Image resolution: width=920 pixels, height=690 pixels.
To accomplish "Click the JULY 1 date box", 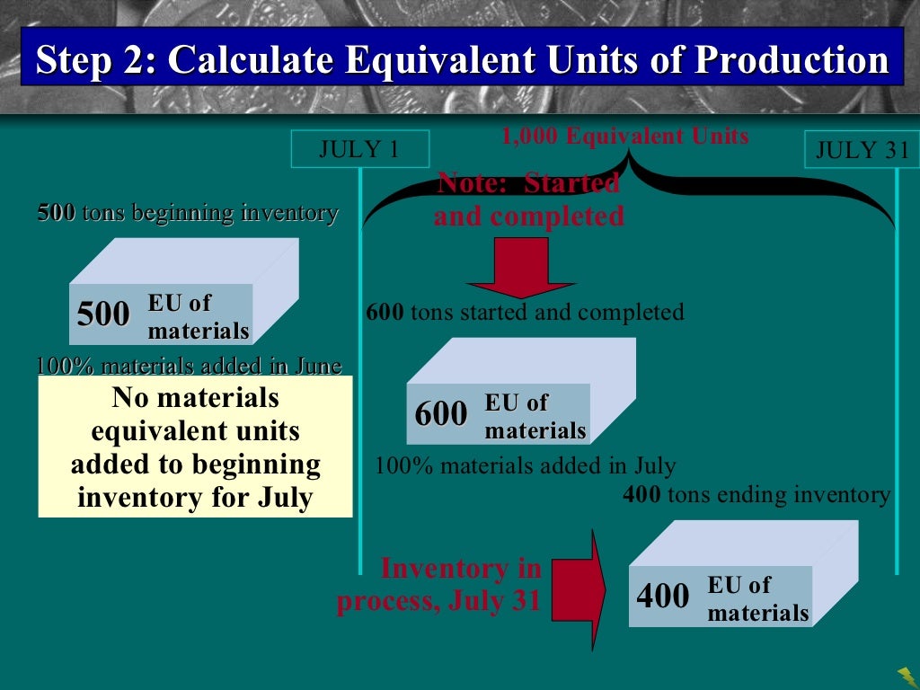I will point(359,149).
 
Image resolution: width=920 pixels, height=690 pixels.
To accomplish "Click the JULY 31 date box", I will point(862,150).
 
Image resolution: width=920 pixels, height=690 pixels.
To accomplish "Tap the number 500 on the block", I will point(103,315).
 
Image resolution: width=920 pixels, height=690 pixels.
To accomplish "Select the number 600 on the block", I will point(441,414).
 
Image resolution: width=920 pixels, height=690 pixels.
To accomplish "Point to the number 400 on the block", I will point(663,596).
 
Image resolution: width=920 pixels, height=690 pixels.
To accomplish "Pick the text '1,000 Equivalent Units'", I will point(625,137).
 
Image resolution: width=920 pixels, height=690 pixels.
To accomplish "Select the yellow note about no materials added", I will point(195,447).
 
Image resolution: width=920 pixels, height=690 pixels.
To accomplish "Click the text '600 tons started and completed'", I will point(525,313).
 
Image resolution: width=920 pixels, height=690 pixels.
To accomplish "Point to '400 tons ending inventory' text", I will point(756,495).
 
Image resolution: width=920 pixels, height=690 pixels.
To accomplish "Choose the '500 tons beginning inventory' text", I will point(188,214).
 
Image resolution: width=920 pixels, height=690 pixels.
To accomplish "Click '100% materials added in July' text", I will point(525,466).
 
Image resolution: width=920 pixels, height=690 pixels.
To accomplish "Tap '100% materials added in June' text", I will point(189,367).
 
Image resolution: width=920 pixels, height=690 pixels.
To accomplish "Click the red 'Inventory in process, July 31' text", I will point(440,584).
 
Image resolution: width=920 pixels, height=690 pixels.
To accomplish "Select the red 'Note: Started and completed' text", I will point(528,199).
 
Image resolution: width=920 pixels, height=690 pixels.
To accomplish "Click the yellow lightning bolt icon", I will point(907,674).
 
